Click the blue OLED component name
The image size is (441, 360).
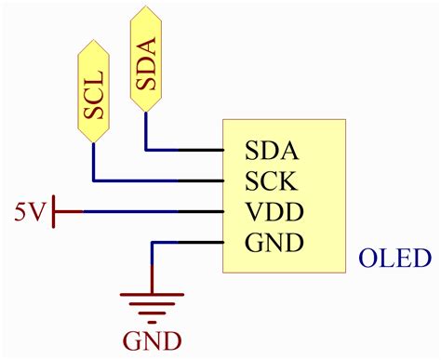coord(395,258)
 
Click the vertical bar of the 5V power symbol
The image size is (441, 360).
coord(56,211)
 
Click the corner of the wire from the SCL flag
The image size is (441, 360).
coord(93,180)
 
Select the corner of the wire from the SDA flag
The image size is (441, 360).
coord(146,149)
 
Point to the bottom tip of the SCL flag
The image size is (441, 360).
coord(93,142)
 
